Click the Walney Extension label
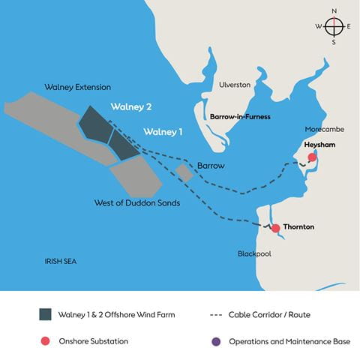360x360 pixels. [x=78, y=87]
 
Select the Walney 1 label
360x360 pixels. [x=163, y=132]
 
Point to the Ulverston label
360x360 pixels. [x=234, y=85]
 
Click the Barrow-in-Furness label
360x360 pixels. [x=240, y=117]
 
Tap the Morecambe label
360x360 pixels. [x=324, y=129]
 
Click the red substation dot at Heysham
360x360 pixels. [x=313, y=157]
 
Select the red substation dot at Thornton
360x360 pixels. [x=275, y=228]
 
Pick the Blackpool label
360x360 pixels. [x=254, y=253]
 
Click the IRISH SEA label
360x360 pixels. [x=61, y=261]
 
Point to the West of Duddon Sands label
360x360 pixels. [x=136, y=202]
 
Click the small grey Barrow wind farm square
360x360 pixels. [x=184, y=173]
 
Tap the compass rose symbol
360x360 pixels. [x=334, y=26]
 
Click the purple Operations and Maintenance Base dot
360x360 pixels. [x=216, y=341]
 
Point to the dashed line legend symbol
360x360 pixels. [x=217, y=314]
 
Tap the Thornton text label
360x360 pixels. [x=299, y=226]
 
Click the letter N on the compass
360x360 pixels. [x=334, y=10]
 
